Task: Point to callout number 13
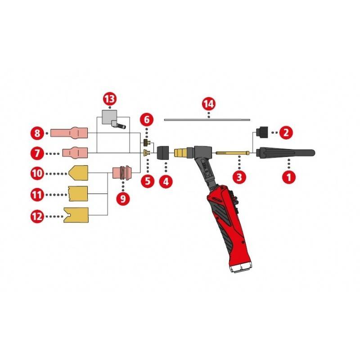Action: coord(109,99)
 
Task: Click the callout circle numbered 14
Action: coord(208,104)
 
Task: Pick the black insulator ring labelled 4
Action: coord(162,153)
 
